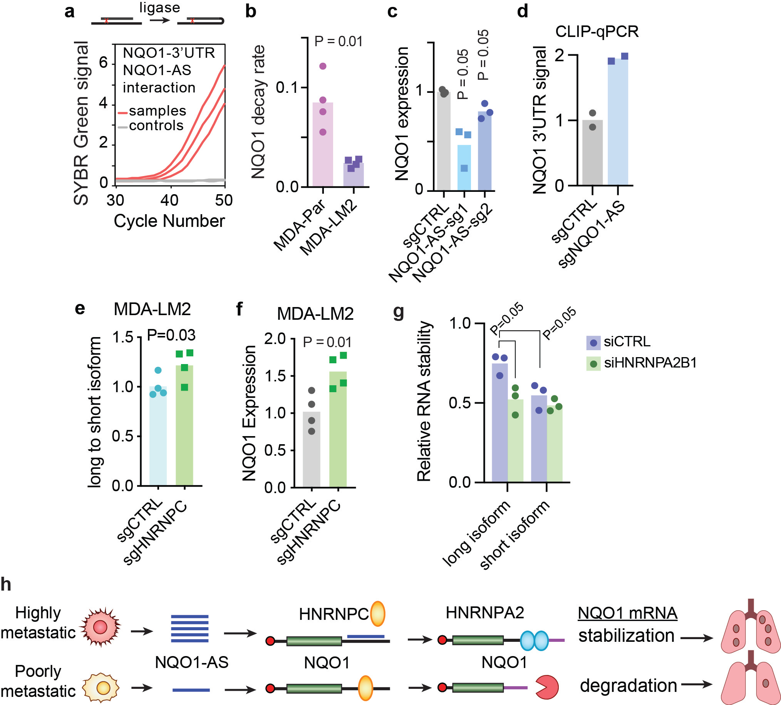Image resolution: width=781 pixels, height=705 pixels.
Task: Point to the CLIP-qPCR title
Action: click(597, 31)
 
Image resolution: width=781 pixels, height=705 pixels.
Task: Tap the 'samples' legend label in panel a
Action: click(158, 111)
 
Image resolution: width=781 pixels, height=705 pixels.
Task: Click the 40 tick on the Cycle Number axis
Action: click(169, 200)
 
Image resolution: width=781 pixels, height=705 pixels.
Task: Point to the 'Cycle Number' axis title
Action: click(169, 221)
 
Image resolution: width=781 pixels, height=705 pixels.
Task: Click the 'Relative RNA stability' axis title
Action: click(424, 401)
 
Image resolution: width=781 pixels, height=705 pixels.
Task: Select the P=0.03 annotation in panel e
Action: click(171, 335)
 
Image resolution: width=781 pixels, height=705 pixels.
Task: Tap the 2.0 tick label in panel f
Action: click(275, 339)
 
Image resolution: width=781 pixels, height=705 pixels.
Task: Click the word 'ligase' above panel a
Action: click(159, 7)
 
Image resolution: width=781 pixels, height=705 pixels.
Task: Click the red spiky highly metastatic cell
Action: click(100, 627)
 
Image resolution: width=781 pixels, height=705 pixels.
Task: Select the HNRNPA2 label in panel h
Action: click(485, 613)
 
